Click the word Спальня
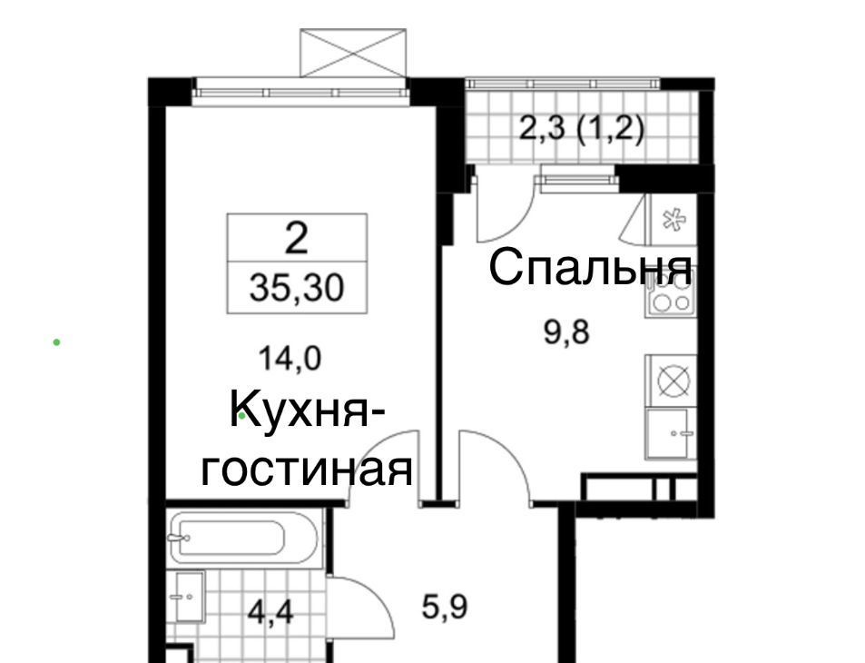point(590,267)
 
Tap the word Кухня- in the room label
point(308,411)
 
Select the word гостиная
point(307,470)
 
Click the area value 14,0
point(290,360)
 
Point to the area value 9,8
point(566,333)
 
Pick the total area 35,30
point(297,288)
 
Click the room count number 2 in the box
point(296,239)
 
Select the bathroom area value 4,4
point(270,611)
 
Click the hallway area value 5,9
point(445,607)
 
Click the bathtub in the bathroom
point(243,538)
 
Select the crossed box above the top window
point(353,53)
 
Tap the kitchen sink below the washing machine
point(668,433)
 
